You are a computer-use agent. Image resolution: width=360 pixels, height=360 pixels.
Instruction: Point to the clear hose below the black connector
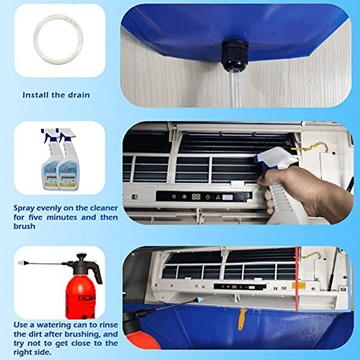coord(235,90)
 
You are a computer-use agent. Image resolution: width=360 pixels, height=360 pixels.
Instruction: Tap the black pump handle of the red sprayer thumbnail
coord(79,258)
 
